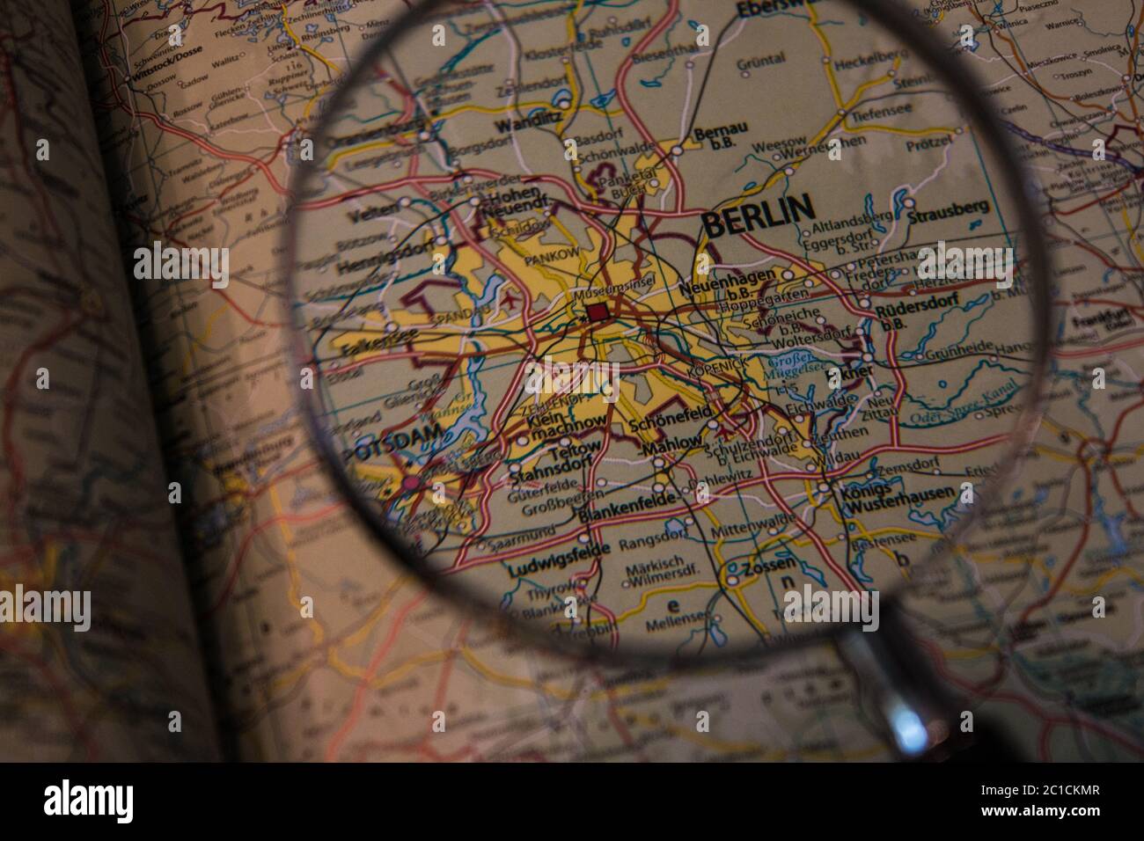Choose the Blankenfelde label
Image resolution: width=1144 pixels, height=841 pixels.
(627, 499)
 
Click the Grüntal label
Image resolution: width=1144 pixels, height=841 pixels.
(760, 61)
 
